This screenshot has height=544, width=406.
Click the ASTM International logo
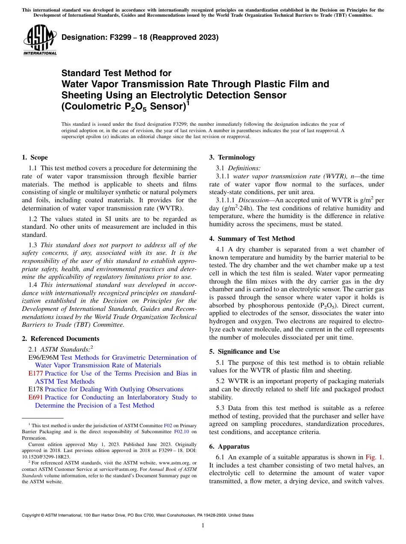(40, 40)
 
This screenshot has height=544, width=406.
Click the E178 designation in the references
(35, 389)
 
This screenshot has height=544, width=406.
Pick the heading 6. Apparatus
(229, 446)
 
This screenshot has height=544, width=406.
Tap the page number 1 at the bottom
(203, 525)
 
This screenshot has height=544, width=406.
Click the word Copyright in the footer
(32, 515)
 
